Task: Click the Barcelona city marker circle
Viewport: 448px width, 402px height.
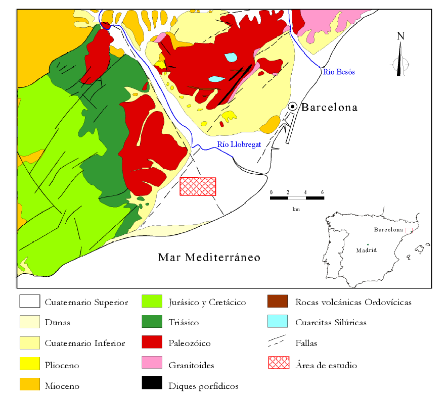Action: (292, 107)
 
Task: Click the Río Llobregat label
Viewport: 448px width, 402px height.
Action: (239, 144)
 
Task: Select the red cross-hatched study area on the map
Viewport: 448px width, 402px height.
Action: (198, 186)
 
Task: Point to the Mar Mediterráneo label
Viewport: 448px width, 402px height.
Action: (209, 258)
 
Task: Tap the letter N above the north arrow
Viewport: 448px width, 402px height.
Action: (400, 36)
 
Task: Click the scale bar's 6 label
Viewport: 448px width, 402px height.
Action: (322, 192)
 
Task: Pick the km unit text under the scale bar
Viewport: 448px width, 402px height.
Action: (296, 209)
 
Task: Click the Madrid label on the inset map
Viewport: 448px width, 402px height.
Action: (366, 250)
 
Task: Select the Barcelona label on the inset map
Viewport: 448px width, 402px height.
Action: (388, 230)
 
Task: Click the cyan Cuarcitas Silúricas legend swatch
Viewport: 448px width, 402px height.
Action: (278, 322)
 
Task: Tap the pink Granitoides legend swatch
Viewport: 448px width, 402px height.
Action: (152, 363)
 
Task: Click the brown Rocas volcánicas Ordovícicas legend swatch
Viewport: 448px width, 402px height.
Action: (278, 301)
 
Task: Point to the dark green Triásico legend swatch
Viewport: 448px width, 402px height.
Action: (152, 322)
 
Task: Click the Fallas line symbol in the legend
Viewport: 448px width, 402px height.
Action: (277, 342)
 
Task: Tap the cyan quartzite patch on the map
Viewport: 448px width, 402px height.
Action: (231, 57)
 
